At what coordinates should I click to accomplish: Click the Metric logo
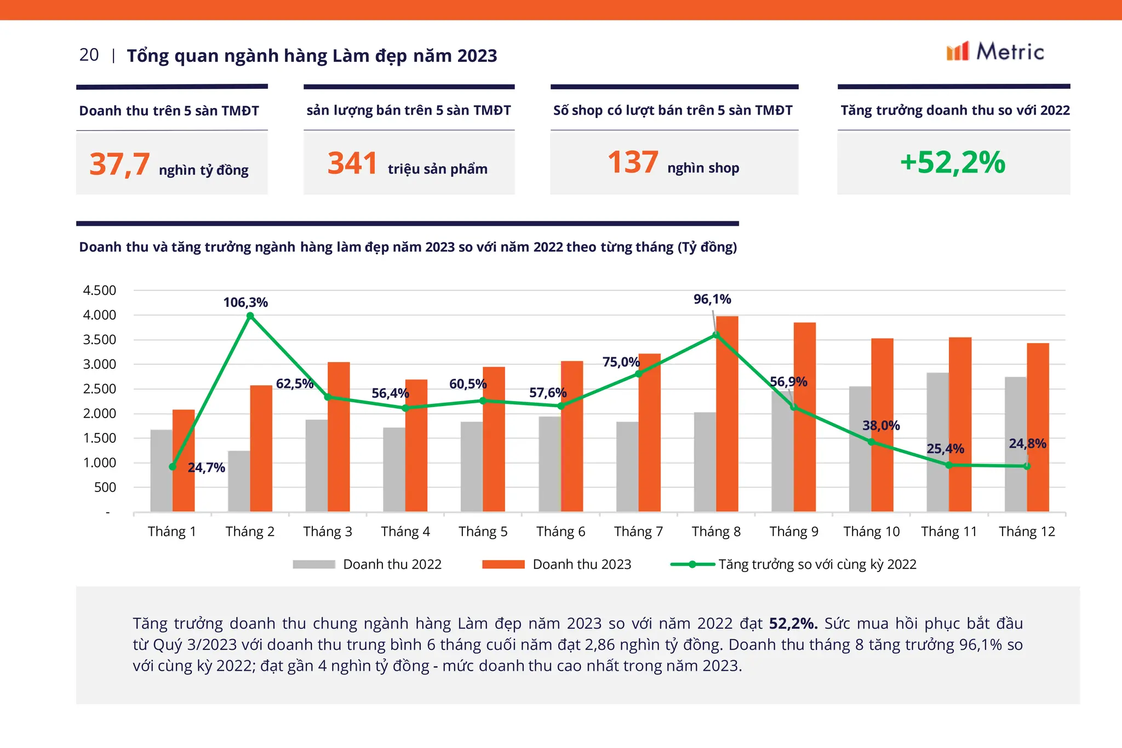click(x=995, y=52)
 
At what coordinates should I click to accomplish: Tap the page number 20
click(x=89, y=55)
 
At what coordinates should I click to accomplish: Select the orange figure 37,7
click(x=119, y=164)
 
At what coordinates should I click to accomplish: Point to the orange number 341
click(x=352, y=163)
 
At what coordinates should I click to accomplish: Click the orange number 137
click(x=633, y=162)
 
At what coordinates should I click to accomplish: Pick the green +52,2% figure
click(x=953, y=162)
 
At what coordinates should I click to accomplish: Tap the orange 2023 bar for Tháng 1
click(x=184, y=460)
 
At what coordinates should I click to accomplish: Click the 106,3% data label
click(x=245, y=302)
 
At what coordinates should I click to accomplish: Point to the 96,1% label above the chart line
click(x=712, y=299)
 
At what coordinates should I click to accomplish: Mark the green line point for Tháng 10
click(x=871, y=442)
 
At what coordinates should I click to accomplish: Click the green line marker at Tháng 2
click(x=250, y=316)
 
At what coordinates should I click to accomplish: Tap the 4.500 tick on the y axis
click(x=99, y=290)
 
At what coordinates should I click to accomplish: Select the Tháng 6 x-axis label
click(x=560, y=532)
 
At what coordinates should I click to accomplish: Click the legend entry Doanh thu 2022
click(x=367, y=564)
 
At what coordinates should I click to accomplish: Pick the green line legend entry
click(x=793, y=564)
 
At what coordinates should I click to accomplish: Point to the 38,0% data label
click(x=881, y=426)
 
